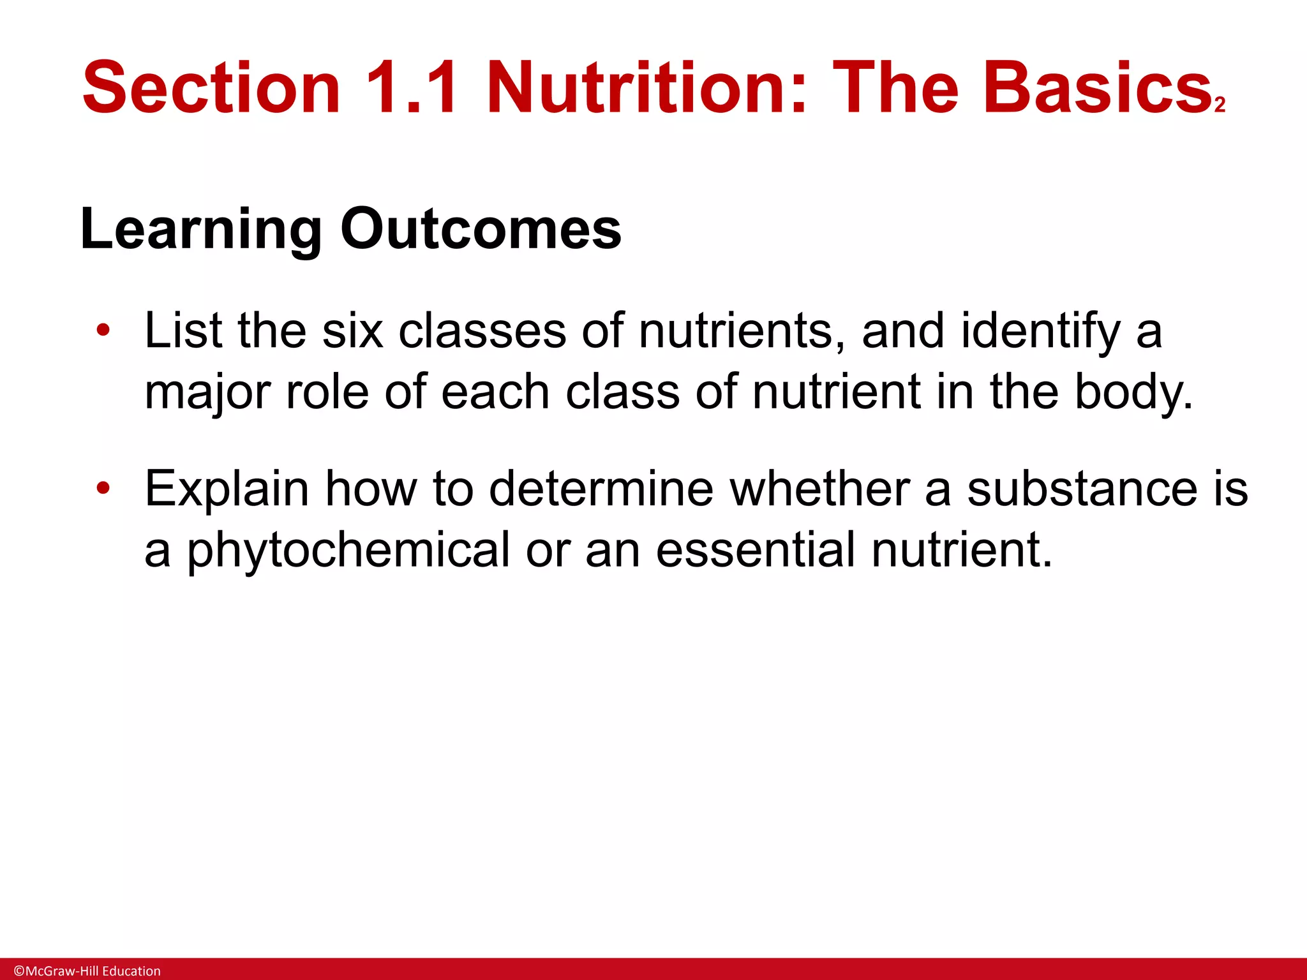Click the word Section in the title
(211, 87)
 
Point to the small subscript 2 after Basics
(1220, 105)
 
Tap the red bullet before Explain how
(103, 489)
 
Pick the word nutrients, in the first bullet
(742, 332)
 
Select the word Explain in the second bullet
(227, 490)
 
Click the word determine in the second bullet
(601, 489)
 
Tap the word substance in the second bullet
(1082, 489)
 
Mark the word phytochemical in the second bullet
(348, 550)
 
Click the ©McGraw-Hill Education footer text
(87, 970)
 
